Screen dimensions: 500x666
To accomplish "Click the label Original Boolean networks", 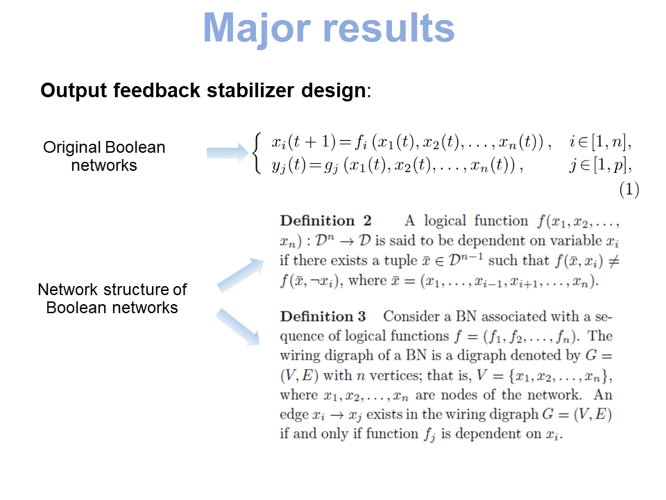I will pos(104,156).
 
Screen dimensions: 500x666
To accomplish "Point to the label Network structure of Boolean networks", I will pos(112,299).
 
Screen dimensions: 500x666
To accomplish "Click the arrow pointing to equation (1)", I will pos(225,153).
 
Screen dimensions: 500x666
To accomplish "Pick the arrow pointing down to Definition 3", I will pos(239,327).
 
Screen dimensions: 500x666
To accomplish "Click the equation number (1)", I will pos(628,190).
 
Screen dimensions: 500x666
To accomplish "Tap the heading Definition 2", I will pos(325,221).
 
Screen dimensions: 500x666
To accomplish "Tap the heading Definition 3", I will pos(323,317).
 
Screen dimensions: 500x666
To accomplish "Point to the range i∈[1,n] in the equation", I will pos(600,144).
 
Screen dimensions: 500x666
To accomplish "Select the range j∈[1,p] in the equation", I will pos(600,165).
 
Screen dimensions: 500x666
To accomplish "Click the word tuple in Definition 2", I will pos(384,260).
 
